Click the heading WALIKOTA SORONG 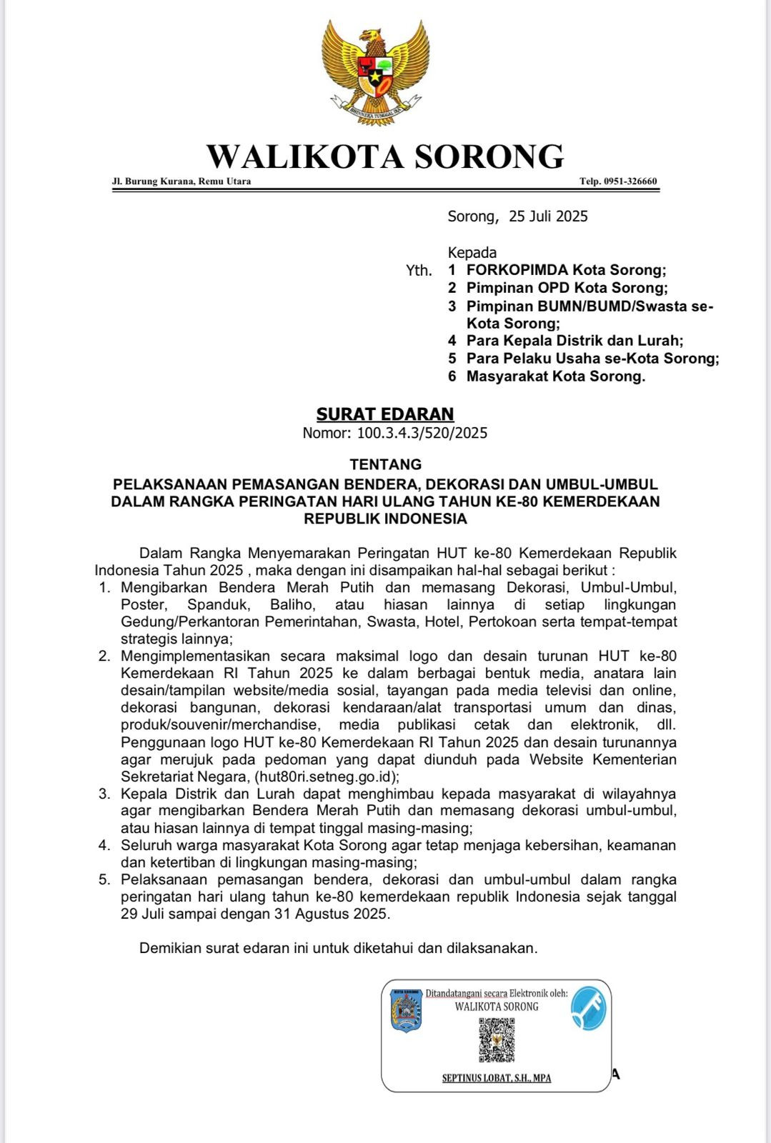(x=385, y=156)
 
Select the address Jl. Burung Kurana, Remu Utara (x=181, y=181)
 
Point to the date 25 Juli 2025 (x=548, y=216)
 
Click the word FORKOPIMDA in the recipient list (x=517, y=270)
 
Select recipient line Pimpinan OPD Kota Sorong (x=567, y=288)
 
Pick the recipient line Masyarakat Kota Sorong (x=555, y=376)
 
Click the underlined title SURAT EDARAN (x=385, y=414)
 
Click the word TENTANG (x=385, y=464)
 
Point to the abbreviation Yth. (x=419, y=271)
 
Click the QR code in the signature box (x=496, y=1039)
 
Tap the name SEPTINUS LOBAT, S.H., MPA (x=497, y=1078)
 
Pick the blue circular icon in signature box (x=588, y=1007)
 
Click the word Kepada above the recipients (x=472, y=252)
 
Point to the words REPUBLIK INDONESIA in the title (x=385, y=519)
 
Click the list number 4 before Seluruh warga (x=104, y=846)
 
